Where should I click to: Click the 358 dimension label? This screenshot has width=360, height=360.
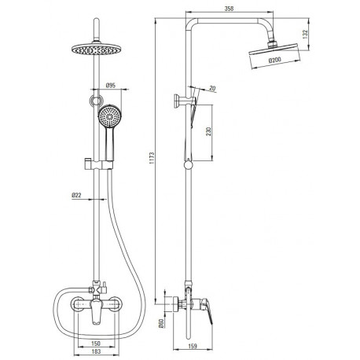(229, 9)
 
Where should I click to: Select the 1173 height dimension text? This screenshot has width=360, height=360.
(152, 158)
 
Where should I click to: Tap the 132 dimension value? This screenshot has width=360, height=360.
(305, 35)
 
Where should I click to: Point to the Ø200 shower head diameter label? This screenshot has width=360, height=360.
(274, 61)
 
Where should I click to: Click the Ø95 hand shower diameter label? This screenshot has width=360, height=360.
(111, 85)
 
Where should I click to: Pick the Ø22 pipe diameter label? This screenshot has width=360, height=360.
(76, 195)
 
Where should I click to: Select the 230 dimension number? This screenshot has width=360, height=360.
(208, 132)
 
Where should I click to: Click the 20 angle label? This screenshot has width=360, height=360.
(213, 89)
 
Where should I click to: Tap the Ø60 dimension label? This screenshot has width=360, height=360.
(161, 323)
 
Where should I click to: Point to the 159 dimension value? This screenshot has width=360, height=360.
(193, 346)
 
